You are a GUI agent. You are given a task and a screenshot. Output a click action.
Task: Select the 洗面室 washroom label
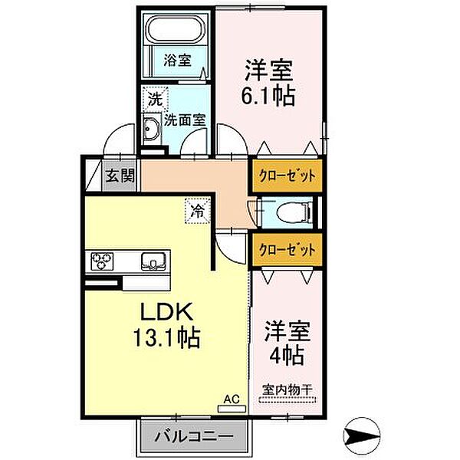point(188,120)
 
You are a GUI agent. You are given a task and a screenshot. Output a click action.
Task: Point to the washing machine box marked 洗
point(155,99)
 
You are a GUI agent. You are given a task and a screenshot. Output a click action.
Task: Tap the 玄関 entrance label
point(120,176)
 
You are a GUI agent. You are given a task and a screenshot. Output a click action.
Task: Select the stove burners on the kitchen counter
point(103,262)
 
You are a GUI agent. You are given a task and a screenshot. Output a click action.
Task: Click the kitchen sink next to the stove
point(153,262)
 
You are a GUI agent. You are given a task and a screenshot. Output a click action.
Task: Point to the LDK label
point(169,313)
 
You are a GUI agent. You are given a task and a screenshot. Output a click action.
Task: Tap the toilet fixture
point(294,211)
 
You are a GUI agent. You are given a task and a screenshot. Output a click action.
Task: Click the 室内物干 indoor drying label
point(288,389)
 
